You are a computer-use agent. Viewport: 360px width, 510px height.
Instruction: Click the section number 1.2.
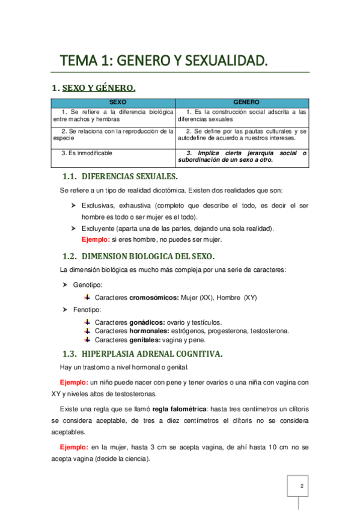[70, 256]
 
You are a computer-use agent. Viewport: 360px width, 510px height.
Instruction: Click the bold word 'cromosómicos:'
[154, 297]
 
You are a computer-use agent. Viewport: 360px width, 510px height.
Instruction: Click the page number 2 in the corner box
[302, 485]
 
